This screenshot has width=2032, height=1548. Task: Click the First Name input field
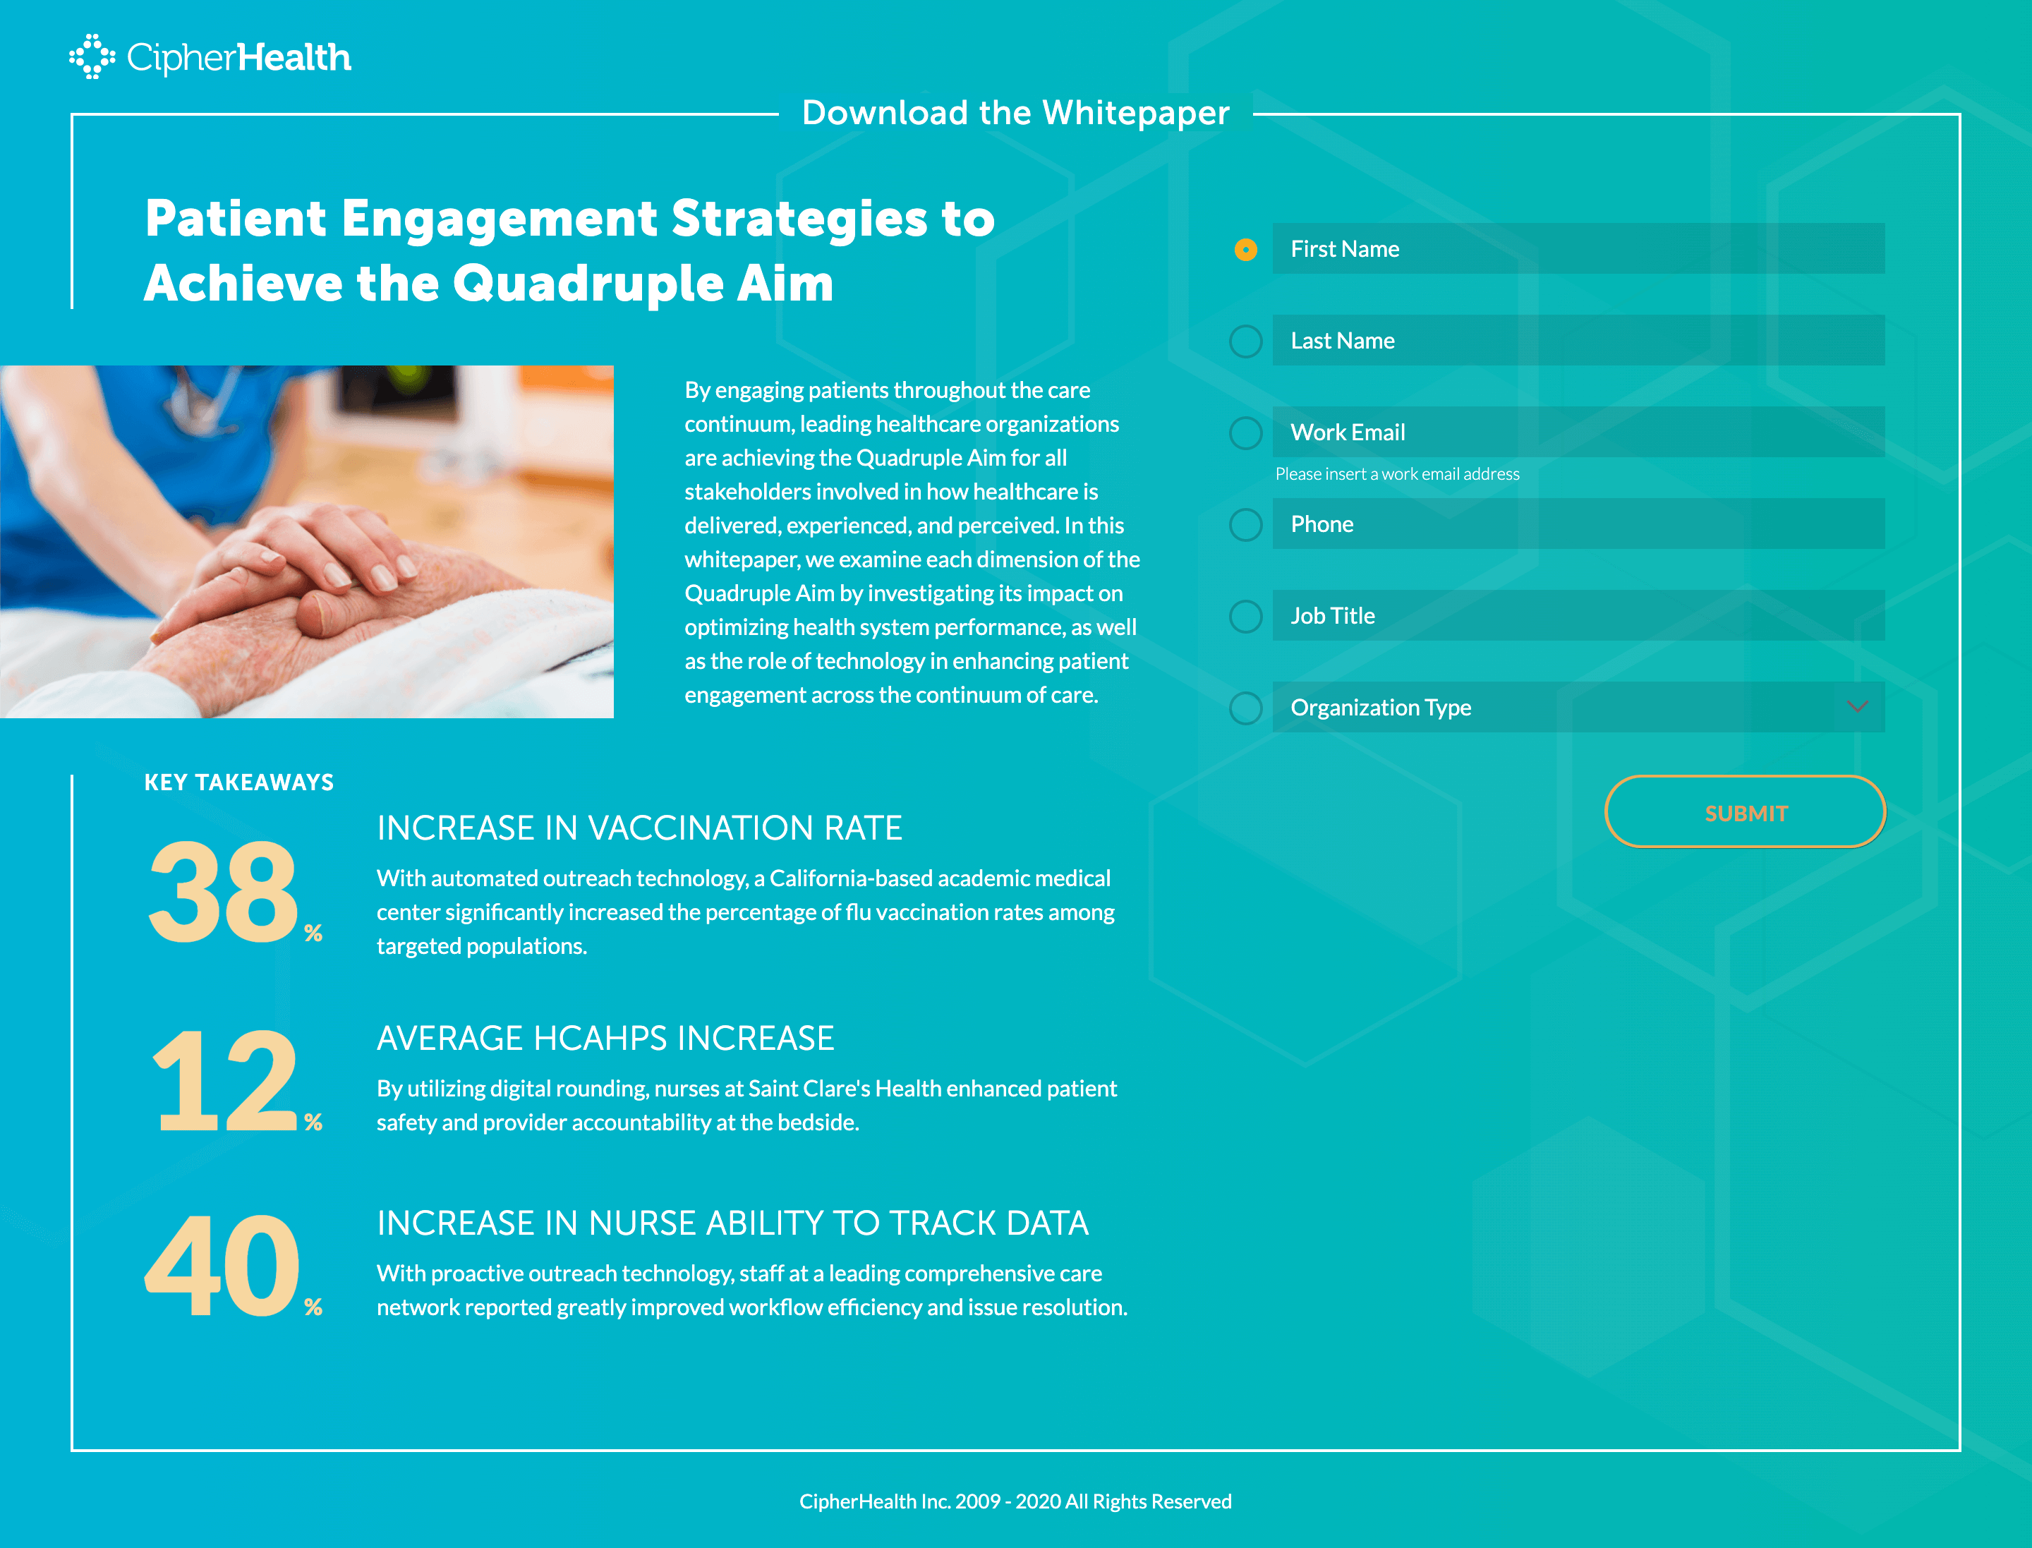point(1578,249)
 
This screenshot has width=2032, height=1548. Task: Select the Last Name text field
point(1578,340)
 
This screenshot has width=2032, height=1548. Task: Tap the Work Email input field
point(1578,432)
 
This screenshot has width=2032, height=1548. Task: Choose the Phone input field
point(1578,524)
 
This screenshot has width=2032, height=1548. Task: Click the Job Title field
point(1578,615)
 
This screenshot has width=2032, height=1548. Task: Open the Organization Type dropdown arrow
point(1857,707)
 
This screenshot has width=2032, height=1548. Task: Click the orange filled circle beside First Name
point(1245,250)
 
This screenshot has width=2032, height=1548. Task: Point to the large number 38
point(223,891)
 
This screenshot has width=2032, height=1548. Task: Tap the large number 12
point(226,1080)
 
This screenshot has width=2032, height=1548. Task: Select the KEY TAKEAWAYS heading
point(238,782)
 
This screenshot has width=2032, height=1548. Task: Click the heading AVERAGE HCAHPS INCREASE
point(605,1039)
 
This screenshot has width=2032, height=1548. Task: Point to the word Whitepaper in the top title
point(1135,112)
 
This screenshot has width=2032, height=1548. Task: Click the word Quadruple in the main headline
point(586,283)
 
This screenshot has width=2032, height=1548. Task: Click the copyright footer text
point(1015,1501)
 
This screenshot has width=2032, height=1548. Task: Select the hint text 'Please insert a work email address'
point(1397,473)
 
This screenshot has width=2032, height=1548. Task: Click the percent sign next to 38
point(313,933)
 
